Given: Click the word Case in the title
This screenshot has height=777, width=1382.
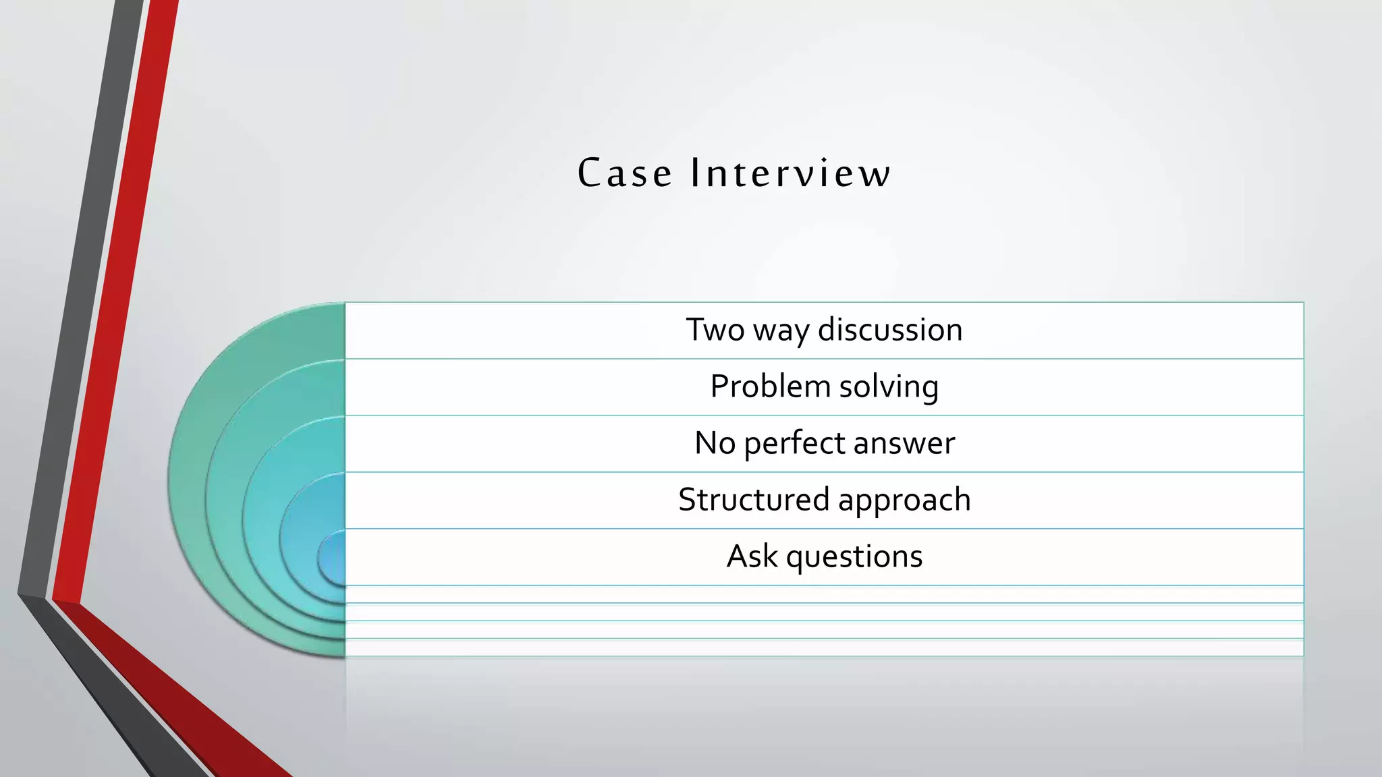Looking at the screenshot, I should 625,173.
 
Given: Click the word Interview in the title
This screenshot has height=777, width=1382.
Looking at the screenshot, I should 790,173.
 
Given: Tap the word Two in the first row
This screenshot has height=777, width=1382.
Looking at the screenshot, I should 715,330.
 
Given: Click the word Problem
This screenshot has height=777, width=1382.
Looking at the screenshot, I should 770,387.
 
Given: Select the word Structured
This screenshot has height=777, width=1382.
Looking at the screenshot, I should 753,500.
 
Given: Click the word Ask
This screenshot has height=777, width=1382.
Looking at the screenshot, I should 751,556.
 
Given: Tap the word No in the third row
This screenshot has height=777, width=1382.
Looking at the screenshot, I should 715,444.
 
